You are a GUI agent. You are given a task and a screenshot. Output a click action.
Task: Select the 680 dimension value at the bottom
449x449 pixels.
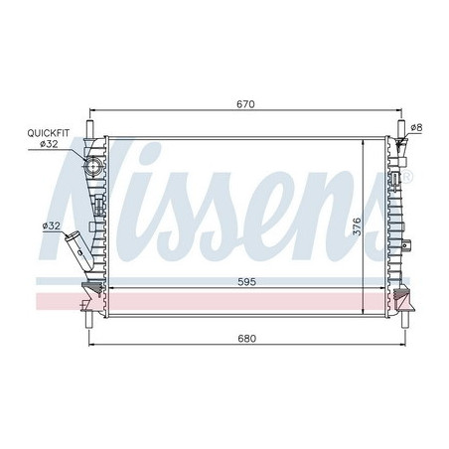(x=247, y=338)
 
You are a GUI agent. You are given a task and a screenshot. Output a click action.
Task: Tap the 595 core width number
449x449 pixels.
(x=247, y=281)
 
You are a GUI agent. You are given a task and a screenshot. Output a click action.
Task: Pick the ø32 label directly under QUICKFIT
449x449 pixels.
(x=48, y=144)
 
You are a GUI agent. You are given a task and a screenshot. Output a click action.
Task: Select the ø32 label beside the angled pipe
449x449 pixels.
(x=51, y=226)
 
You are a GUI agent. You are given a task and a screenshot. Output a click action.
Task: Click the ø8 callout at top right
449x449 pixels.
(x=416, y=127)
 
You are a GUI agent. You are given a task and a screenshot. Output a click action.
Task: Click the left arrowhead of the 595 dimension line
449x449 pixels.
(x=108, y=289)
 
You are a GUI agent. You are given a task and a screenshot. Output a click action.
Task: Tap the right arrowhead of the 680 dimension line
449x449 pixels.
(x=401, y=346)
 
